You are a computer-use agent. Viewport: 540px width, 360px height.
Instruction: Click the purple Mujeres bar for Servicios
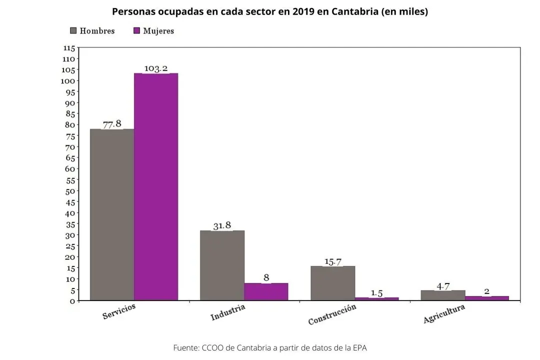pos(156,187)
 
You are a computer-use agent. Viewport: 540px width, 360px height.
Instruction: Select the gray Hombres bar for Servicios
pos(111,214)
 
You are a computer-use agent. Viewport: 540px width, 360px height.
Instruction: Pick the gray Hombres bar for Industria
pos(222,265)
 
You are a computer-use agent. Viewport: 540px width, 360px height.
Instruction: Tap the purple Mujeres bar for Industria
pos(266,291)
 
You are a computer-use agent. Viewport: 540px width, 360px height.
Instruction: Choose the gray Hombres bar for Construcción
pos(332,283)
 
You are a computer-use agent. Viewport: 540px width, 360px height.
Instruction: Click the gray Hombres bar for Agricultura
pos(443,295)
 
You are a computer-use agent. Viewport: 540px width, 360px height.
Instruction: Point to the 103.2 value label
pos(156,68)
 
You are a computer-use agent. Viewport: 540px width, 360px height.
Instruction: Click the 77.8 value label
pos(112,123)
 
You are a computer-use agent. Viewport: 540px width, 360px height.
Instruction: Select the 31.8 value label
pos(222,225)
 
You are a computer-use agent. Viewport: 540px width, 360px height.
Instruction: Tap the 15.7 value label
pos(332,261)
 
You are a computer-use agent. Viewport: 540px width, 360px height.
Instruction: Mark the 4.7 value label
pos(443,286)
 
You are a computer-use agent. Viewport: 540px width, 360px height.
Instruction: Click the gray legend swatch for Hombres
pos(73,31)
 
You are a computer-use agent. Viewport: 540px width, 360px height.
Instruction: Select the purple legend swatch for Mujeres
pos(136,31)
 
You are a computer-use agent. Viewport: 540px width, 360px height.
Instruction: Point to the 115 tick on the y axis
pos(69,48)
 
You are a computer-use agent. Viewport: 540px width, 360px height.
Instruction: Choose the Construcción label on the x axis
pos(332,314)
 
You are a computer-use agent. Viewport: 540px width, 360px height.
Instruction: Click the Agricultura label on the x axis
pos(444,313)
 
